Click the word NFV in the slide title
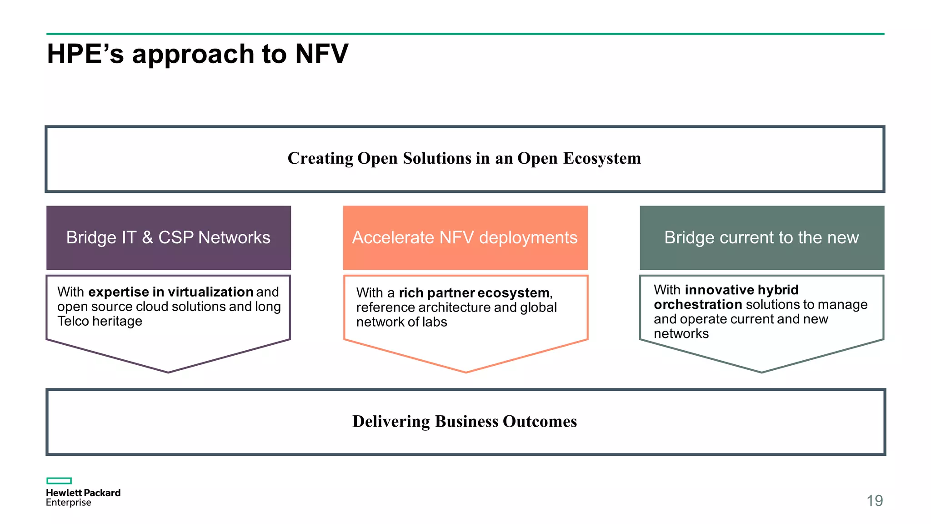321,54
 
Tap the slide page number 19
874,501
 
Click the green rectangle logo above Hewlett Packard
59,481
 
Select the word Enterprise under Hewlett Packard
69,503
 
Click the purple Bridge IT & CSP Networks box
169,237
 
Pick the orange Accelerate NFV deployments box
465,237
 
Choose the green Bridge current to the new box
762,237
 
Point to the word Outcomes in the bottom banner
540,422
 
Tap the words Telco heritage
100,321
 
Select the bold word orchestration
698,304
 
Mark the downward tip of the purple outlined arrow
168,371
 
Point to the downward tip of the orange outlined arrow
466,371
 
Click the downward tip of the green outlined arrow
762,371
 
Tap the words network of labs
401,322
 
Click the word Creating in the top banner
320,158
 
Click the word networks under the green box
681,334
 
